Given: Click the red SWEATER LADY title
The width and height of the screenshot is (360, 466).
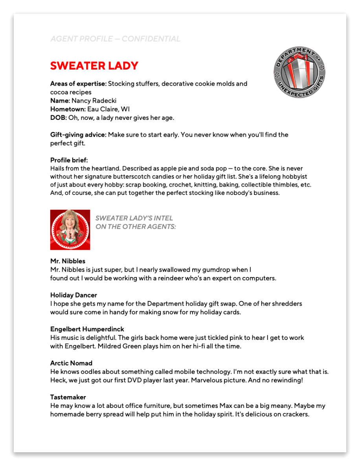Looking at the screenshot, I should (x=94, y=66).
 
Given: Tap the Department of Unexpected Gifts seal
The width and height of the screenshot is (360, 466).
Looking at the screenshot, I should (x=299, y=73).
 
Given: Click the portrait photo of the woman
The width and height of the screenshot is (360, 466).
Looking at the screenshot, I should (x=70, y=230).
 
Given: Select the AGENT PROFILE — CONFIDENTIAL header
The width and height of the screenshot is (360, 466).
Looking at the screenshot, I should (x=115, y=39).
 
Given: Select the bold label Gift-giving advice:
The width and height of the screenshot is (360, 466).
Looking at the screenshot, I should (x=78, y=135).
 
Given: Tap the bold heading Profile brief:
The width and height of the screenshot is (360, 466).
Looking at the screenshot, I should (x=69, y=160).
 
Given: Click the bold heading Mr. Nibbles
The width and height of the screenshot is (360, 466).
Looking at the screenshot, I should (x=68, y=261).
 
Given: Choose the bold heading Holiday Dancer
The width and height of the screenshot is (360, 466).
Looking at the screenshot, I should (x=73, y=295).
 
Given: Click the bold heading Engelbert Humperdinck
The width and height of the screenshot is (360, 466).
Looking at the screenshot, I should (x=87, y=329).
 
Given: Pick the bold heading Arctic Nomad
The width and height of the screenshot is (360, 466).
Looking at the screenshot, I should (x=71, y=363).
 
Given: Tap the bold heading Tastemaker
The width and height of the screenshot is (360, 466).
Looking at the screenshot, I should (x=68, y=397).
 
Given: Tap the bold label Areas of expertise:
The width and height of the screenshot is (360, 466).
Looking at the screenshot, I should (x=78, y=84).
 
